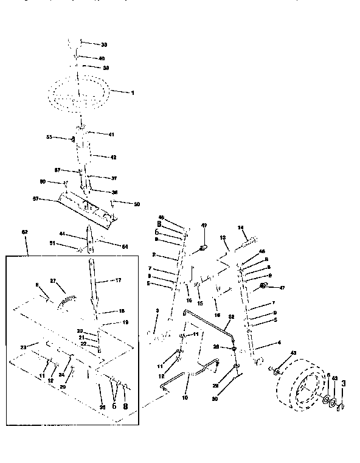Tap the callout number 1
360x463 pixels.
coord(131,92)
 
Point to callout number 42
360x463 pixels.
coord(112,156)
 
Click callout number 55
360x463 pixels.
coord(50,138)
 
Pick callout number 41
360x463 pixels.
coord(111,134)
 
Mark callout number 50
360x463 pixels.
coord(136,203)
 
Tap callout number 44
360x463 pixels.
coord(62,234)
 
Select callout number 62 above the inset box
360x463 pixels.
coord(25,232)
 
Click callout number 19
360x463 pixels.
coord(126,321)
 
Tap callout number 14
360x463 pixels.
coord(241,228)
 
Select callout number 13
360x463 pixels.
coord(223,237)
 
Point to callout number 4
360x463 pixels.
coord(279,343)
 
